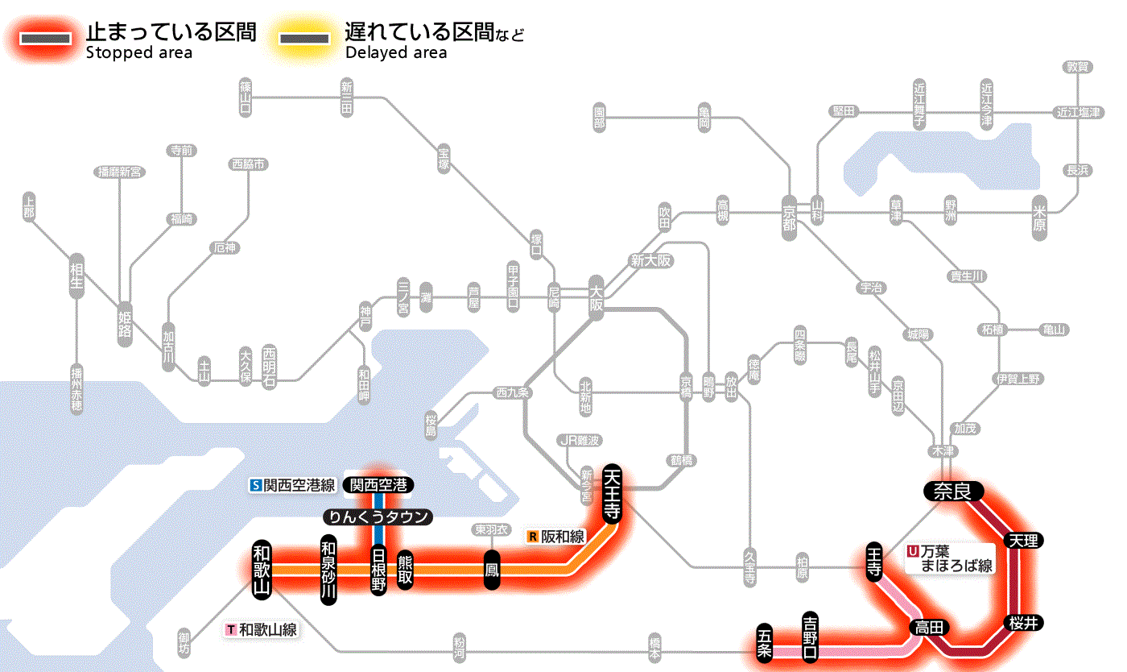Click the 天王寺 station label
coord(613,493)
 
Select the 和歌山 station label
coord(262,568)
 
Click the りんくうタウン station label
coord(378,517)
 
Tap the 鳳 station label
coord(491,570)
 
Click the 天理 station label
coord(1023,539)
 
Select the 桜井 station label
coord(1024,622)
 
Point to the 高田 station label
coord(931,627)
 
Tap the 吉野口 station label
coord(811,636)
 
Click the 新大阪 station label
coord(651,261)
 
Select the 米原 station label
coord(1040,218)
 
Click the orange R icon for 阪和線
coord(533,536)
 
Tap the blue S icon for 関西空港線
coord(257,485)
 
